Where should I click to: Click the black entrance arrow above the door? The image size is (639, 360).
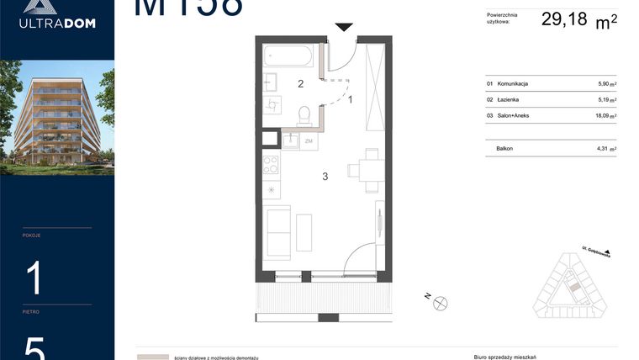[x=343, y=28]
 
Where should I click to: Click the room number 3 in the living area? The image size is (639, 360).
[x=324, y=177]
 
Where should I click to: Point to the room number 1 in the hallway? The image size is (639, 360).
[x=350, y=100]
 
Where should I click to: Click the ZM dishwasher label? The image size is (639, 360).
[x=309, y=141]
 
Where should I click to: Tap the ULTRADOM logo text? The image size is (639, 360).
[x=57, y=23]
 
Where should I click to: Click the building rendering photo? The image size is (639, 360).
[x=57, y=117]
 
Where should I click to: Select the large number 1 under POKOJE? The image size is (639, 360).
[x=34, y=277]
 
